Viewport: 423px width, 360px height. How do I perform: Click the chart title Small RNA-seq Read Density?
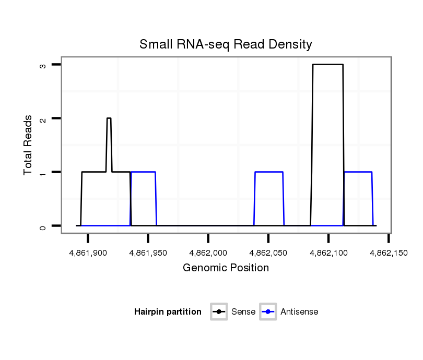pyautogui.click(x=226, y=44)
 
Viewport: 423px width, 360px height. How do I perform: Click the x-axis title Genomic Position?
pyautogui.click(x=226, y=268)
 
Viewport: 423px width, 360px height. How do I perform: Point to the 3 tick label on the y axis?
pyautogui.click(x=44, y=65)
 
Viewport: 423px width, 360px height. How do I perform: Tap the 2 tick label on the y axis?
pyautogui.click(x=44, y=118)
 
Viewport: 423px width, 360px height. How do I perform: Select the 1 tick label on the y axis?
pyautogui.click(x=44, y=172)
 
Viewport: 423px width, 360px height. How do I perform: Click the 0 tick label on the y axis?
pyautogui.click(x=44, y=226)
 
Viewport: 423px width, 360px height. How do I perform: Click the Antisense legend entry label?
pyautogui.click(x=299, y=312)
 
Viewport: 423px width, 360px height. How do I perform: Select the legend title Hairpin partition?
pyautogui.click(x=168, y=312)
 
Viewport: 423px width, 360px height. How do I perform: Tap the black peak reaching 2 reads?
pyautogui.click(x=109, y=118)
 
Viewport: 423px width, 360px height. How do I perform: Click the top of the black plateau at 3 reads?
pyautogui.click(x=328, y=65)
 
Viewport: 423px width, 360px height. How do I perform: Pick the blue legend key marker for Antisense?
pyautogui.click(x=268, y=312)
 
